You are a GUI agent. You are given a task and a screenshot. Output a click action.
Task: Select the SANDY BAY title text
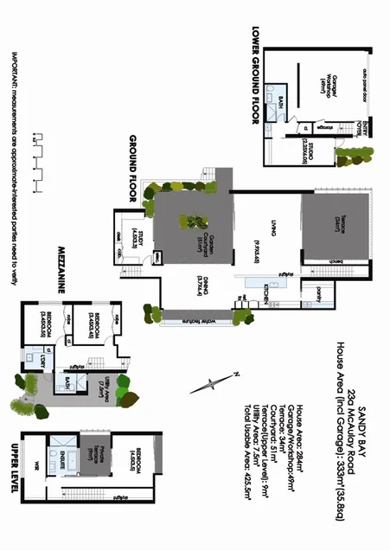pyautogui.click(x=363, y=410)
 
